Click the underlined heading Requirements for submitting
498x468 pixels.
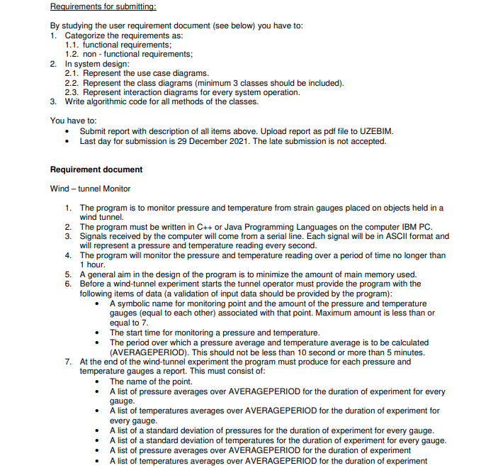click(x=103, y=7)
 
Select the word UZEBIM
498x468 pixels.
click(x=375, y=131)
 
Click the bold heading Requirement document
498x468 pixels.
click(x=96, y=169)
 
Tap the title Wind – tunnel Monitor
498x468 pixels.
click(x=90, y=189)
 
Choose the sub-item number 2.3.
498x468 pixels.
click(x=72, y=92)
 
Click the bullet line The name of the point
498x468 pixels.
click(x=152, y=381)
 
